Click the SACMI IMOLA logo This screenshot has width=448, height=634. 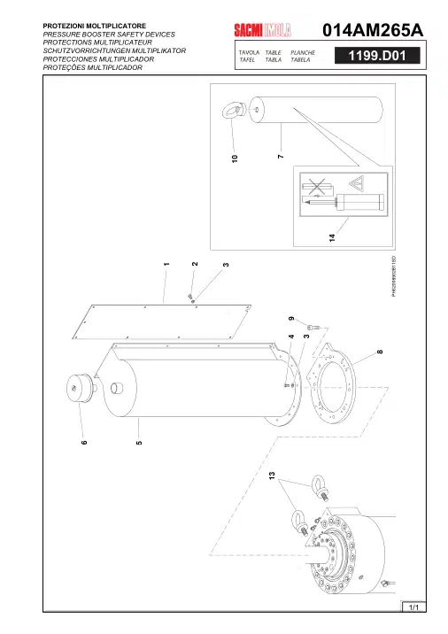[262, 30]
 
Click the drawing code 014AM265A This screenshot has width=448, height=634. [373, 30]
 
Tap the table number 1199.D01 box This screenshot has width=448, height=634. [377, 56]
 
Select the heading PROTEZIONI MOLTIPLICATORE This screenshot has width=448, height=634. [95, 26]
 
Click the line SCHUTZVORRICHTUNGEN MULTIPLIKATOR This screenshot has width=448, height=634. [114, 51]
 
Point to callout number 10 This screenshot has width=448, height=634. [235, 158]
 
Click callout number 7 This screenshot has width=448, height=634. [281, 156]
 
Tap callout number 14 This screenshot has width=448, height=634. [332, 237]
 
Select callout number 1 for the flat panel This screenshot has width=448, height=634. [166, 264]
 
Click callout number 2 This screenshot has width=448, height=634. [195, 264]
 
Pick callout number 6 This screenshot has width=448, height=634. [84, 443]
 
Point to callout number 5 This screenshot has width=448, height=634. [139, 443]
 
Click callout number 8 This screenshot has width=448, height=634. [380, 352]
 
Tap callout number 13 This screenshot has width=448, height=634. [272, 475]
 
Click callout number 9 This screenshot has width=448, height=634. [291, 319]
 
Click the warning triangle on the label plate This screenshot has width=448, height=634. [357, 183]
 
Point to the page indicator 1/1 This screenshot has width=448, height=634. [413, 607]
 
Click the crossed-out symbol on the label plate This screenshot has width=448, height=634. [317, 187]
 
